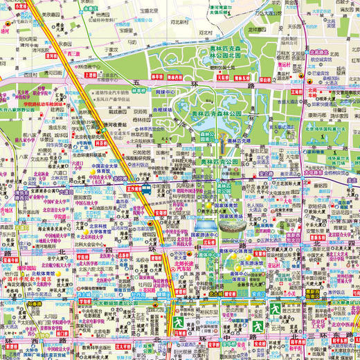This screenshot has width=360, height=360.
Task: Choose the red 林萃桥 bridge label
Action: [157, 78]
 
